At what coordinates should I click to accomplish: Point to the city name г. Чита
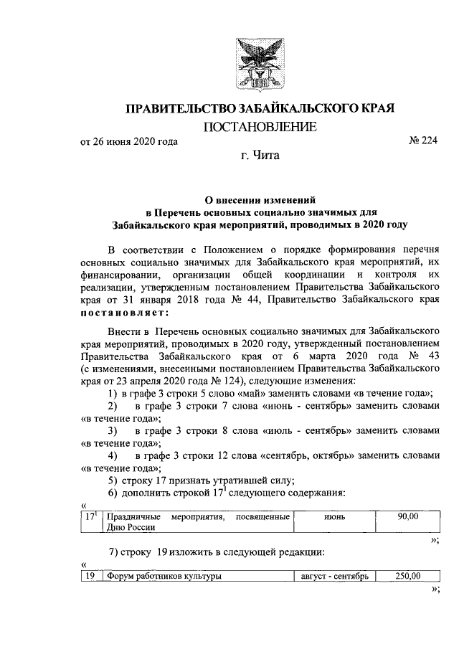point(260,155)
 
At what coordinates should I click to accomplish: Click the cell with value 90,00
point(407,516)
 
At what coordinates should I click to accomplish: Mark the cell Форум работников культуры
point(163,575)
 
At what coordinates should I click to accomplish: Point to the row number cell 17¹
point(90,516)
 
